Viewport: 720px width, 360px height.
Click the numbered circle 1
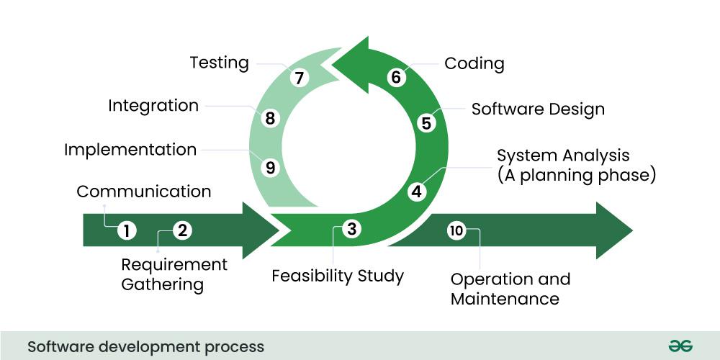click(x=127, y=230)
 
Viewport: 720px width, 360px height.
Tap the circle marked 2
click(x=182, y=230)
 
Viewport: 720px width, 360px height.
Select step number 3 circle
click(x=351, y=229)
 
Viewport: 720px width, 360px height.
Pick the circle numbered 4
click(x=416, y=192)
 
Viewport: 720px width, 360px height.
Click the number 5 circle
click(x=426, y=123)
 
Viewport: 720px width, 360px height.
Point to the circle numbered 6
click(x=395, y=77)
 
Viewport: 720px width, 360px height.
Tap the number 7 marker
click(x=300, y=77)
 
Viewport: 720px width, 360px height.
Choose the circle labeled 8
click(x=270, y=118)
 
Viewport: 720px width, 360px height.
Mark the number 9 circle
click(x=270, y=168)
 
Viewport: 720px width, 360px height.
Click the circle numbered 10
click(x=456, y=230)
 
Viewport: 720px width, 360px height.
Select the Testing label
click(x=219, y=63)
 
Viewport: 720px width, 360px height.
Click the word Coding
click(x=474, y=63)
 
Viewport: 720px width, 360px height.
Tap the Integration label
click(x=153, y=106)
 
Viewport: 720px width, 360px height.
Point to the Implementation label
click(x=130, y=150)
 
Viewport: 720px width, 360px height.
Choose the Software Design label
click(x=538, y=109)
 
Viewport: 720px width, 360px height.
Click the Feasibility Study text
click(x=338, y=276)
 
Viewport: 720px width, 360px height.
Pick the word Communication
click(x=144, y=192)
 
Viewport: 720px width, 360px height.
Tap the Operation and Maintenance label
click(x=510, y=289)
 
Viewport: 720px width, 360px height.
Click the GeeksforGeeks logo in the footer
click(x=680, y=346)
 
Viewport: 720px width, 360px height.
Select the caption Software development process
click(x=145, y=347)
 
